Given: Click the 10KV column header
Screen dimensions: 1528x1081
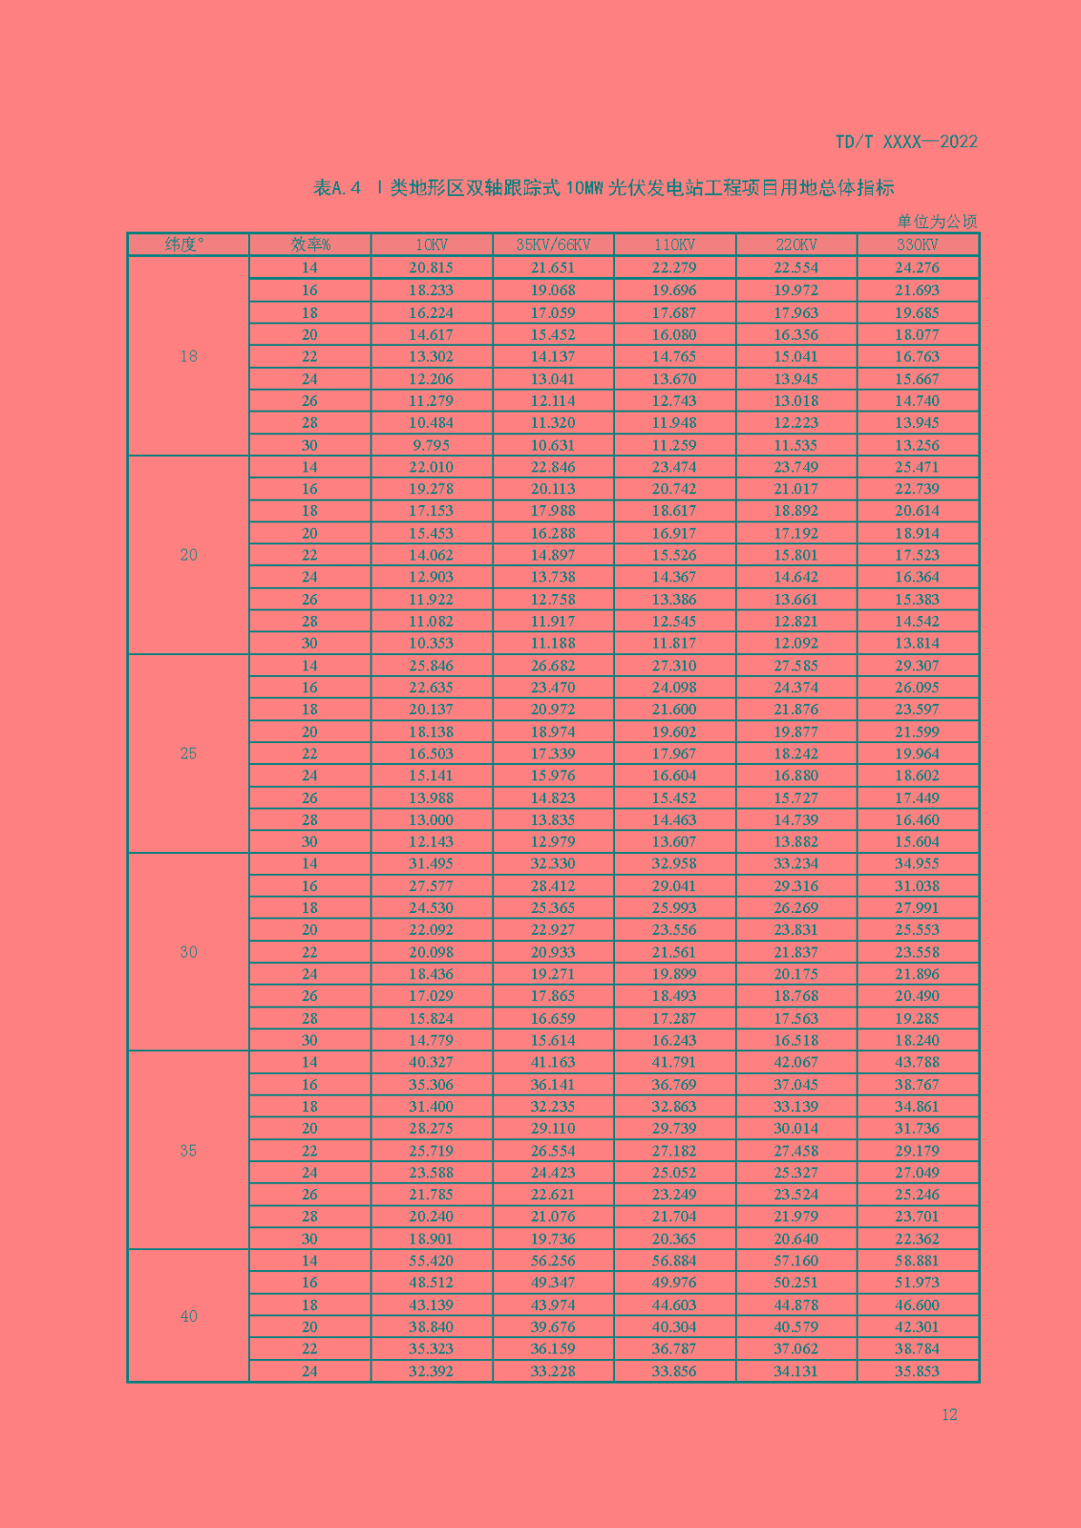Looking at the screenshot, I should point(432,244).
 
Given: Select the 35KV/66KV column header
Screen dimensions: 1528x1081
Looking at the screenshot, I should point(553,244).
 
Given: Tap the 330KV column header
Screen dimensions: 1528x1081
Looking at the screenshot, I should point(917,244).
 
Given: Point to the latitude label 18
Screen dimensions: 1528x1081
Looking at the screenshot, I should point(188,356).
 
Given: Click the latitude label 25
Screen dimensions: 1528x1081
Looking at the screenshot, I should point(188,753).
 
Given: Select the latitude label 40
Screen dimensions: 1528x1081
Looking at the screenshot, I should point(188,1316).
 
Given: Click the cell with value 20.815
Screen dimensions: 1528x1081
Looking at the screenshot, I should point(432,268).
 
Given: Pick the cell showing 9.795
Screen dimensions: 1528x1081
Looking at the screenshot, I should point(432,445).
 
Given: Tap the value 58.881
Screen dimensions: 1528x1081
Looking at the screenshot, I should point(917,1261).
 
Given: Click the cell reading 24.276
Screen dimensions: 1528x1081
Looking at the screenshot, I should point(917,268).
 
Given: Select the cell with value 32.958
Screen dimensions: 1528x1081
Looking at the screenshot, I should point(674,863).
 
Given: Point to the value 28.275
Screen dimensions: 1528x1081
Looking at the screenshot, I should point(432,1128).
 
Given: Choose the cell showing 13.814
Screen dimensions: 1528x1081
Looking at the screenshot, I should point(917,643).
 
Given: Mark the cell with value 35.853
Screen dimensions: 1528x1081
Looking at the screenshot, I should point(917,1371).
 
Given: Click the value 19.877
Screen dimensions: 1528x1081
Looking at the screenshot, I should point(795,732).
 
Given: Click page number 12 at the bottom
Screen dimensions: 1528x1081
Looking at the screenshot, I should point(949,1414).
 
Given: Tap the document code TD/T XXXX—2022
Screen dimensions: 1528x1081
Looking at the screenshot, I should point(906,141).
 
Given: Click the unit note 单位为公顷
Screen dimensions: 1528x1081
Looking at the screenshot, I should point(937,222).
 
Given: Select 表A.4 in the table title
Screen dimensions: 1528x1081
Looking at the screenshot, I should point(336,187).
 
